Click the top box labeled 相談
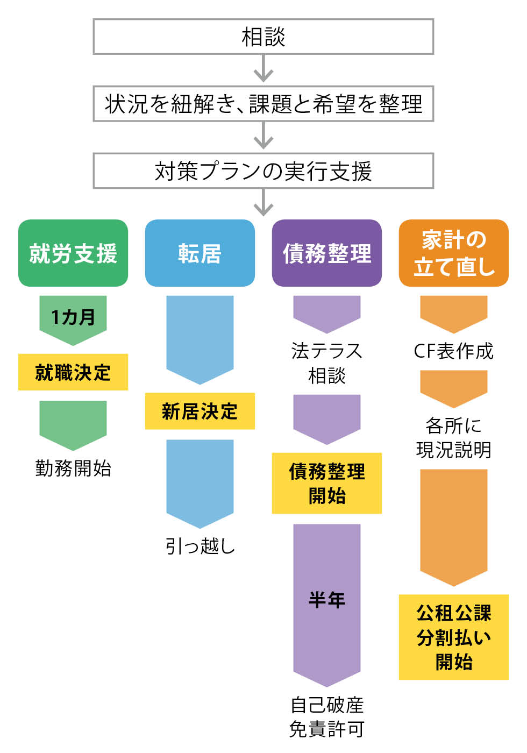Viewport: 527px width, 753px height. [263, 37]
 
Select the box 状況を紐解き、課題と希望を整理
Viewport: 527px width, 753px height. [263, 104]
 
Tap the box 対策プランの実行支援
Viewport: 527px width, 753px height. [263, 171]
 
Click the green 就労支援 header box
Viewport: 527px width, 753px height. [73, 253]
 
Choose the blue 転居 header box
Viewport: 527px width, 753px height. [200, 253]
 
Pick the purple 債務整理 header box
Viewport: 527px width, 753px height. [326, 253]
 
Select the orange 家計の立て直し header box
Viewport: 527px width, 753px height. [453, 253]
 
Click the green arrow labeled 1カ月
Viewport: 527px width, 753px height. [73, 318]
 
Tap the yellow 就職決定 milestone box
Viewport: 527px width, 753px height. [73, 372]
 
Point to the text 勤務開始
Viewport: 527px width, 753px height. [73, 468]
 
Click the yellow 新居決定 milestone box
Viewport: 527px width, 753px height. [200, 411]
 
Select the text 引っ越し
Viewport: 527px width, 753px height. [200, 546]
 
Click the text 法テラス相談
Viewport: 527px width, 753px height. [326, 363]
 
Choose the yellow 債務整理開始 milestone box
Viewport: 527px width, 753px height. [326, 483]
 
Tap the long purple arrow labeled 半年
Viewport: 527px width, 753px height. [326, 600]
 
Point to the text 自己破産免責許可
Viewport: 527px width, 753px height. [326, 716]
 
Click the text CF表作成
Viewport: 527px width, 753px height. [453, 351]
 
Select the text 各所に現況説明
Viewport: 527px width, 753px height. [453, 437]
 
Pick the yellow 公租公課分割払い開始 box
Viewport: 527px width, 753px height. [453, 637]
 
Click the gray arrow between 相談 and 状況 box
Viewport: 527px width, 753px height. [263, 69]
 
